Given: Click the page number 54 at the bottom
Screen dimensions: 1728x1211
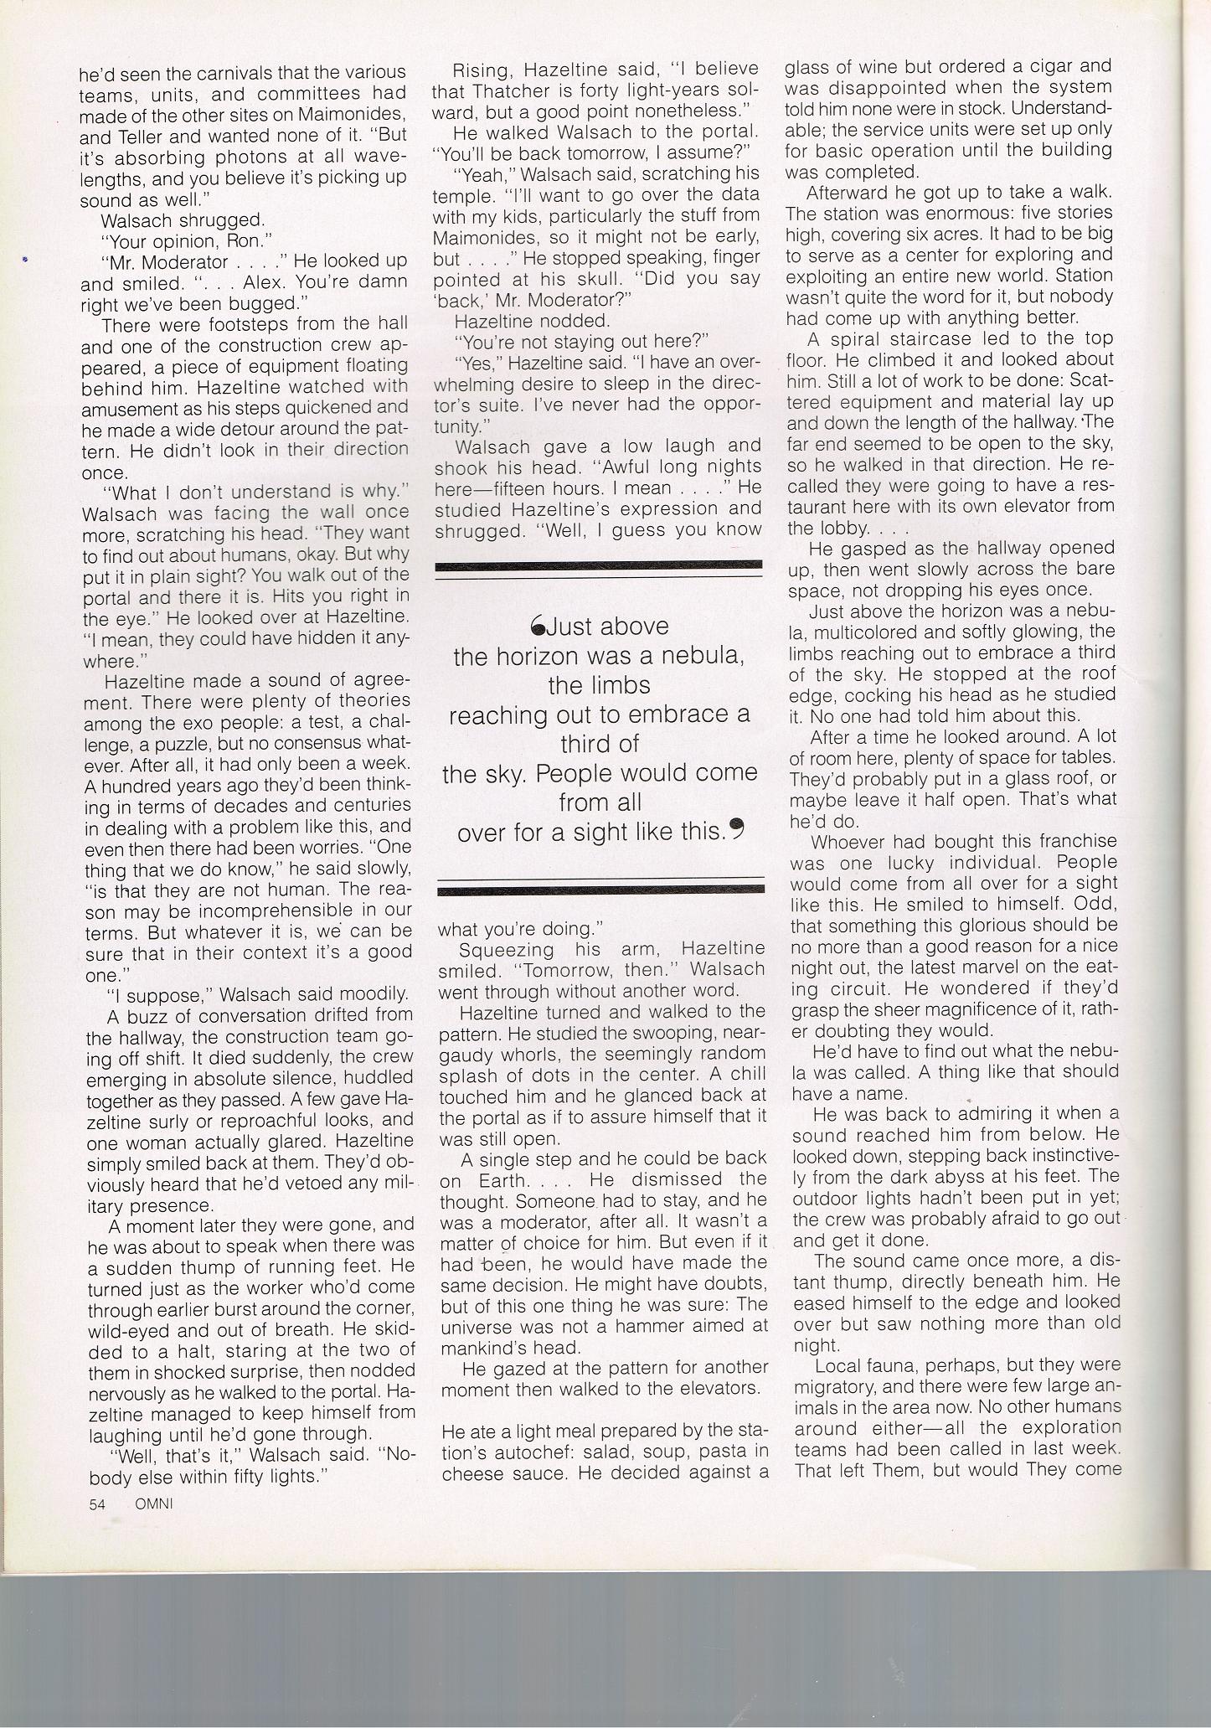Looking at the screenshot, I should pyautogui.click(x=97, y=1504).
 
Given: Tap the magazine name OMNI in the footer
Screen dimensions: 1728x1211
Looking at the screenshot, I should pyautogui.click(x=153, y=1504).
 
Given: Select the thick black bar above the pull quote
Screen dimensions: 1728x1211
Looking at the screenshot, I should pyautogui.click(x=599, y=565).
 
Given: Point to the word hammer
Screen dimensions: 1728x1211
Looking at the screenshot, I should pyautogui.click(x=663, y=1326).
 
